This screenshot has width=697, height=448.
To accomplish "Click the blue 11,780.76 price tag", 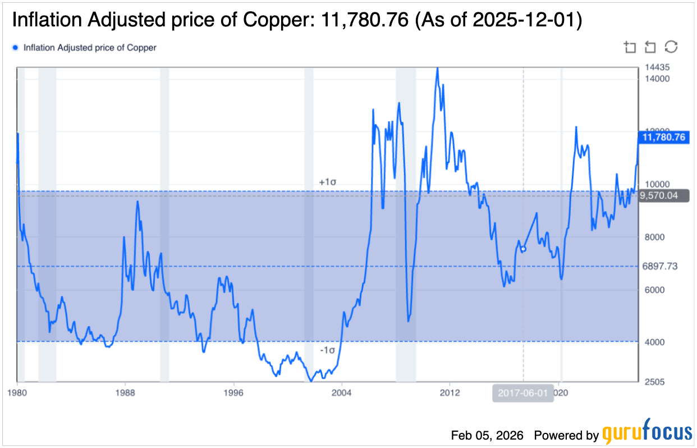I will click(x=662, y=136).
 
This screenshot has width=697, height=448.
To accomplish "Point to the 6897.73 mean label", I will click(x=660, y=266).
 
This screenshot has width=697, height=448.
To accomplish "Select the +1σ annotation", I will click(x=327, y=182).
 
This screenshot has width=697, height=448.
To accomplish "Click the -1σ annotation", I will click(x=327, y=350).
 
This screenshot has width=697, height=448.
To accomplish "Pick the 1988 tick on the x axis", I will click(x=125, y=392).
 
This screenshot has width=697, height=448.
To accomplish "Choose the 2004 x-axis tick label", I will click(x=342, y=392).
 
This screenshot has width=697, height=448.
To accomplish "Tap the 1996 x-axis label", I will click(x=233, y=392).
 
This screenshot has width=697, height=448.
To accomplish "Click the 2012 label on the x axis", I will click(x=450, y=392).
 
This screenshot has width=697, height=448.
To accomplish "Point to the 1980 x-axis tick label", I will click(x=17, y=392).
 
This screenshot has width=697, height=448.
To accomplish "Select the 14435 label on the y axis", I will click(x=657, y=67).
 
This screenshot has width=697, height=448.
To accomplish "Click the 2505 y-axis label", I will click(x=654, y=382).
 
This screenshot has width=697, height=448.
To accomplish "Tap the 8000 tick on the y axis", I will click(x=654, y=237).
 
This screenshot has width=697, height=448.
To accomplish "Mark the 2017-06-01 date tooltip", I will click(x=523, y=392).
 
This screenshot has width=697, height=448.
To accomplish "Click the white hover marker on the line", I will click(x=523, y=249).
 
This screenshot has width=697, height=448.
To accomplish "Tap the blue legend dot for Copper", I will click(x=15, y=48).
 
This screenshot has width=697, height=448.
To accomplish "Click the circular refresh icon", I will click(x=671, y=47).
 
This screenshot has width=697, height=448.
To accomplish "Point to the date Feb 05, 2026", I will click(x=487, y=435).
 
